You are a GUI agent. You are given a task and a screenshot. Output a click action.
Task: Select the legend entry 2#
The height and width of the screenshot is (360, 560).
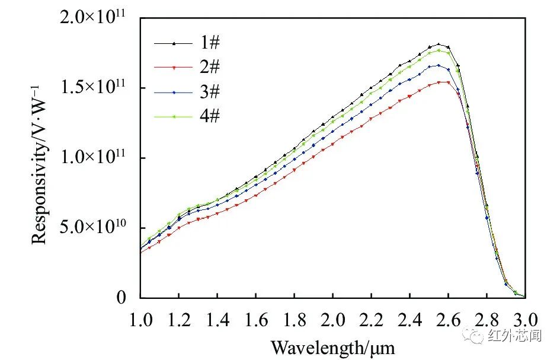click(211, 66)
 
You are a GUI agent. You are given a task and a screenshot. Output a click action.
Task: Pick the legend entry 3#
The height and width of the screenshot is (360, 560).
click(211, 91)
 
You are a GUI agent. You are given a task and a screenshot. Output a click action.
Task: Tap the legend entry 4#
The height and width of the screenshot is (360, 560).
click(211, 116)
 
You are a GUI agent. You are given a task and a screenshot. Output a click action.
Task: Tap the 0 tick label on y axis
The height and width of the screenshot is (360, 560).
click(122, 297)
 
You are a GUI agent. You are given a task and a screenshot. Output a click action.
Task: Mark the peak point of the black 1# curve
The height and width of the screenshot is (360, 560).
click(439, 44)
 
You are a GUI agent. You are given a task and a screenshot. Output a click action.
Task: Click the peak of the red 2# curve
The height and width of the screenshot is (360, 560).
click(444, 82)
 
